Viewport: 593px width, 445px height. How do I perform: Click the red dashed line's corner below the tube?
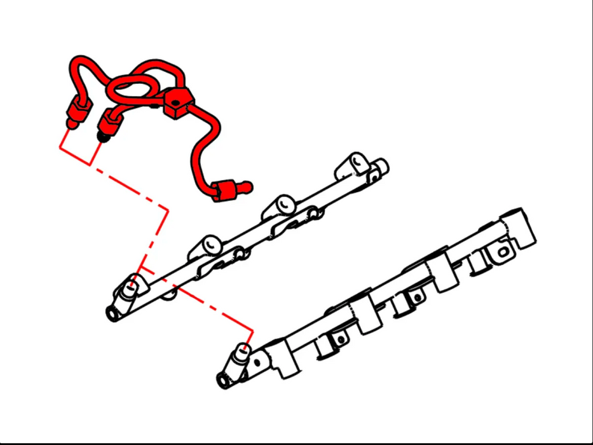point(167,209)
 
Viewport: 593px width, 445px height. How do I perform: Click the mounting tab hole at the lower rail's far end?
point(502,251)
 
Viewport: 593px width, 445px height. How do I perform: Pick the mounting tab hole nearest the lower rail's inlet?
point(341,339)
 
